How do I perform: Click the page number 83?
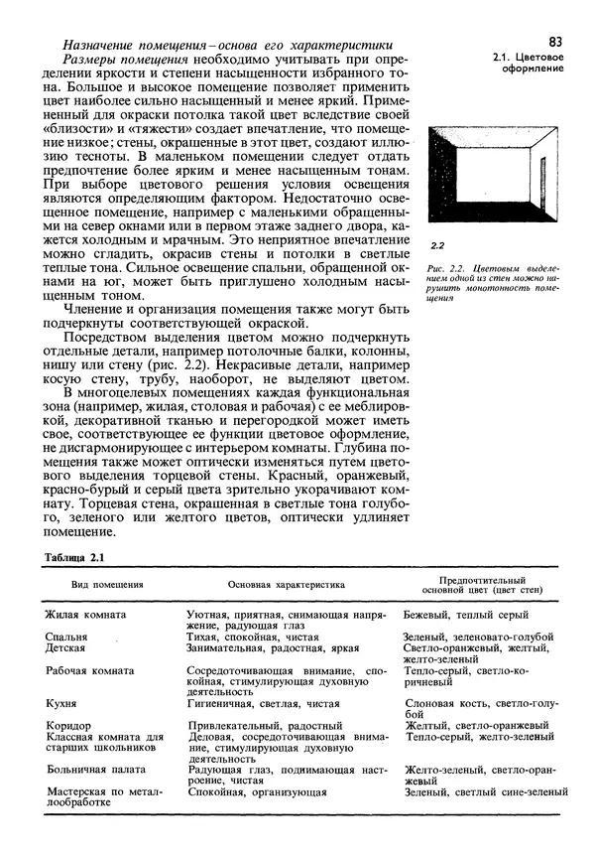(x=553, y=41)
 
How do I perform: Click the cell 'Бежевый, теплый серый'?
(x=465, y=617)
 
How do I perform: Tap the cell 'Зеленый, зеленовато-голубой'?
(x=479, y=637)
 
